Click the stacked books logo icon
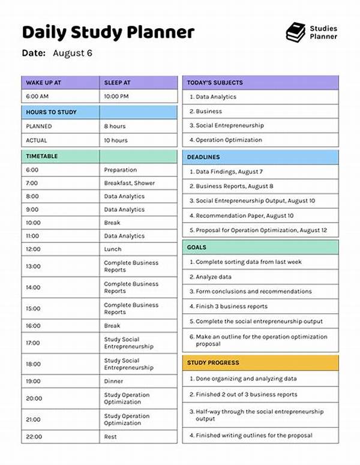coord(295,32)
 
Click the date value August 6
coord(73,53)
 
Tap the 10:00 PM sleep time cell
coord(116,97)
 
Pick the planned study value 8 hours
coord(115,127)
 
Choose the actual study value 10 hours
coord(116,140)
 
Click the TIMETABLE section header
coord(42,156)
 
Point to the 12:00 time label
coord(33,249)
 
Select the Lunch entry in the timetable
coord(112,249)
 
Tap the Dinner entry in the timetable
coord(113,381)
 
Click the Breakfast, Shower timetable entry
coord(129,183)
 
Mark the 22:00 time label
coord(33,437)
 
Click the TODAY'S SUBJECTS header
coord(215,83)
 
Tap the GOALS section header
coord(197,247)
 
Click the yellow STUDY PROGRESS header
coord(213,362)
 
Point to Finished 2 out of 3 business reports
coord(247,394)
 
